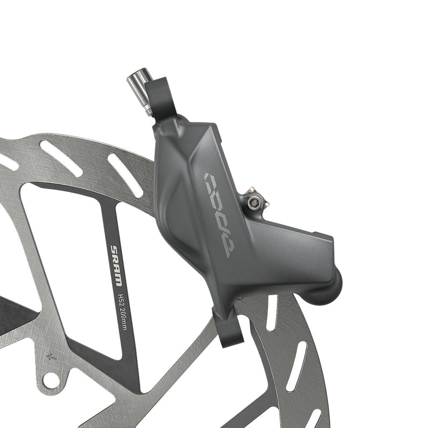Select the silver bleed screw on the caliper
coord(254,199)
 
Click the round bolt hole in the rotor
coord(51,378)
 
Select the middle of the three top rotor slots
coord(60,158)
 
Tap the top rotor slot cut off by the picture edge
coord(8,161)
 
